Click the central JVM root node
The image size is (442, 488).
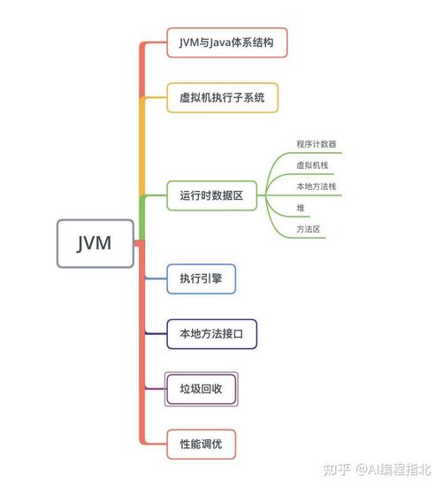pos(95,242)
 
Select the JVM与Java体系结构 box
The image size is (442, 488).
pos(227,42)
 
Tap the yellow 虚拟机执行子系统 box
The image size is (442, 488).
pos(223,96)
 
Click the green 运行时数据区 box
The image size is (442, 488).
pos(211,195)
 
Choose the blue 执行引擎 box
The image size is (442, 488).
pos(202,279)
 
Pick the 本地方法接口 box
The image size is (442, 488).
pos(212,334)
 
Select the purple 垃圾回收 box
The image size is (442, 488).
pos(202,389)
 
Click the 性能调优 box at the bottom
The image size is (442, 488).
pos(202,444)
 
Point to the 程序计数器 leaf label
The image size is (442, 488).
pos(316,143)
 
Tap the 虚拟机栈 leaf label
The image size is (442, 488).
pos(312,165)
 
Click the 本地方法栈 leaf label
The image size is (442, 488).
pos(316,187)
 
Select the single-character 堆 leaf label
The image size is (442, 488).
pos(301,208)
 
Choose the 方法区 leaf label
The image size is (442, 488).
pos(309,229)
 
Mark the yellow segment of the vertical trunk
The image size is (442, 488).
pos(141,141)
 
